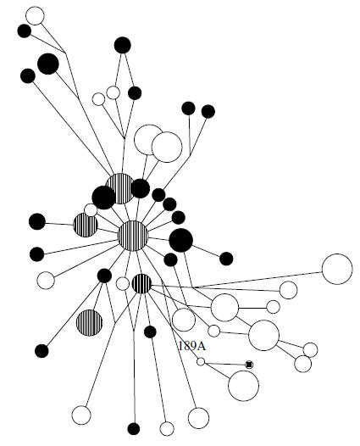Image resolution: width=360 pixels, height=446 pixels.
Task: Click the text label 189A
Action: coord(191,346)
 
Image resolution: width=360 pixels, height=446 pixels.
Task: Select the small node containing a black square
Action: coord(249,365)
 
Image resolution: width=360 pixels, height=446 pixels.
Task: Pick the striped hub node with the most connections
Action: coord(133,236)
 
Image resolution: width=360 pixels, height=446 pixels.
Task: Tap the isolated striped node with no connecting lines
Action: coord(89,322)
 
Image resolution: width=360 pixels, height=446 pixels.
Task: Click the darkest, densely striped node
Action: coord(141,283)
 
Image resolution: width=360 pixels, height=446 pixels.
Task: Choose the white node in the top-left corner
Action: coord(35,16)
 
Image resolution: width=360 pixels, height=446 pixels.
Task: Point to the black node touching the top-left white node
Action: coord(25,31)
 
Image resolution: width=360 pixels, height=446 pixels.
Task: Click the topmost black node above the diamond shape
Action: coord(123,45)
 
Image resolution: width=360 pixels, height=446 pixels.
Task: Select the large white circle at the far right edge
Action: coord(337,269)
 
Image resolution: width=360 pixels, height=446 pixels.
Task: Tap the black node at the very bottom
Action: coord(134,429)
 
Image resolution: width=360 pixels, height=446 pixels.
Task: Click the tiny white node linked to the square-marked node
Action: coord(201,361)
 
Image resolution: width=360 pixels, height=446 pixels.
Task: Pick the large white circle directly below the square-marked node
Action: coord(243,386)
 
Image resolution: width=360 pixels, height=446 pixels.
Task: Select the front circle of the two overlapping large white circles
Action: coord(167,147)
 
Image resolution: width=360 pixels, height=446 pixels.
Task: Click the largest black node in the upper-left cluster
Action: coord(48,64)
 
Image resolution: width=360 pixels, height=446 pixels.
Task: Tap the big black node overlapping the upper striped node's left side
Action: coord(103,198)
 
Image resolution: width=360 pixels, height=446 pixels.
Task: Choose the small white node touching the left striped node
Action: coord(91,210)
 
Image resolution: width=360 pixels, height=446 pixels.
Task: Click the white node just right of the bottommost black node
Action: coord(167,429)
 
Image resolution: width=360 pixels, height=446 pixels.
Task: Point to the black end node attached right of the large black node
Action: coord(226,259)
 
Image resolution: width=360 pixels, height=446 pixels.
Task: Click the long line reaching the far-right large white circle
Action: coord(258,280)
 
